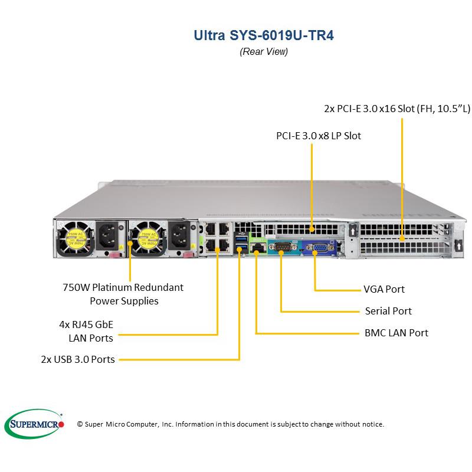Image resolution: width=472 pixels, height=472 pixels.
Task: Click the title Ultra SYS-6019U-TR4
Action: pos(263,34)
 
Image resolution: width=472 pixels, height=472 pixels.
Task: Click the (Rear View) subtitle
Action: pos(263,52)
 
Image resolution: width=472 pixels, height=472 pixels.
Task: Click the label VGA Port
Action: pos(383,290)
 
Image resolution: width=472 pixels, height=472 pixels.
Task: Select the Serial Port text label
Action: pos(388,311)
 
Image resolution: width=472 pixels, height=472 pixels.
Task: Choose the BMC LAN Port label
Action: pos(396,333)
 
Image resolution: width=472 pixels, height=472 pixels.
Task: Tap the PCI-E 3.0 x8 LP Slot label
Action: pos(319,136)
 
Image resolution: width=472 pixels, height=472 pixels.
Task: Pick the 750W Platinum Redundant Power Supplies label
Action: pos(123,294)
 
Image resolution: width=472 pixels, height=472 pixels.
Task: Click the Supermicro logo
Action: pos(34,423)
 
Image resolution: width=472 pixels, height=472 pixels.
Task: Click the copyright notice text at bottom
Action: pos(231,424)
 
